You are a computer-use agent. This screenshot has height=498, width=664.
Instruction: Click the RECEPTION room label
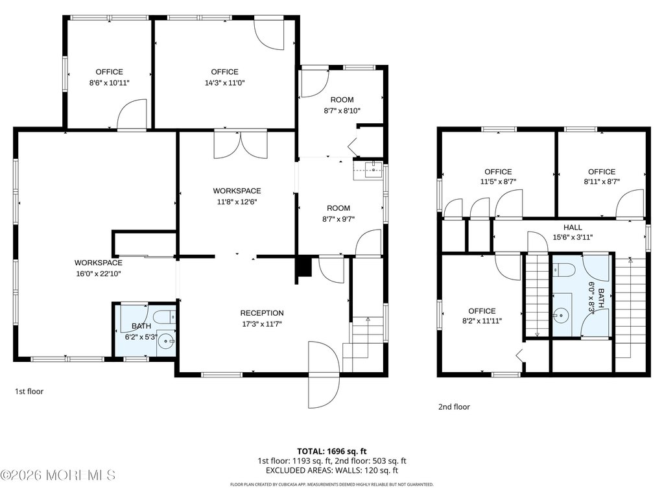tap(262, 313)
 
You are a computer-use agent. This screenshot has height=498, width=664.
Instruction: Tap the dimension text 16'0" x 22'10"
tap(99, 274)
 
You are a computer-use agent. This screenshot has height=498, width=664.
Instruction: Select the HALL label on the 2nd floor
tap(573, 228)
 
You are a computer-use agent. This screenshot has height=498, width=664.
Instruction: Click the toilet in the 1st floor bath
tap(165, 316)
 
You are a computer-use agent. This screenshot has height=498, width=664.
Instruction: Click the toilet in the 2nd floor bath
tap(563, 269)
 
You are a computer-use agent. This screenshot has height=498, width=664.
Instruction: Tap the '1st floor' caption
tap(29, 391)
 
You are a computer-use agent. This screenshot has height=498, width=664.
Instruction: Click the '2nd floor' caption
tap(454, 407)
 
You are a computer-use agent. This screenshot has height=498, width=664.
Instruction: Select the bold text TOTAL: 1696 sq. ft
tap(331, 451)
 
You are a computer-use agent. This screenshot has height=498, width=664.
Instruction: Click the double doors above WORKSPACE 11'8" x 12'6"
tap(241, 145)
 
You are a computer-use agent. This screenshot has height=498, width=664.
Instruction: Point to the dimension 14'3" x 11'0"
tap(225, 83)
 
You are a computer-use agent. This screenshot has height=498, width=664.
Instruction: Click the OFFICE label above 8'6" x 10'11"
tap(109, 72)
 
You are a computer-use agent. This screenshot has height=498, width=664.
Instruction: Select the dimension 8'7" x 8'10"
tap(342, 111)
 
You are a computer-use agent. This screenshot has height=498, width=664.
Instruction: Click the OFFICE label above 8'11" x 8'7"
tap(601, 171)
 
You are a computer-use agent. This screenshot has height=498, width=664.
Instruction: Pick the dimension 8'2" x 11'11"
tap(482, 321)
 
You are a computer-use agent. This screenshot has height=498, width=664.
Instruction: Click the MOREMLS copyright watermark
tap(58, 475)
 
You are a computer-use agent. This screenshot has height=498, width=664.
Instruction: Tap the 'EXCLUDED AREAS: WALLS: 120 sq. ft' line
tap(331, 471)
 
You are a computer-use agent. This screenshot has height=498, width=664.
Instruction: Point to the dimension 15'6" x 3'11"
tap(573, 237)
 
